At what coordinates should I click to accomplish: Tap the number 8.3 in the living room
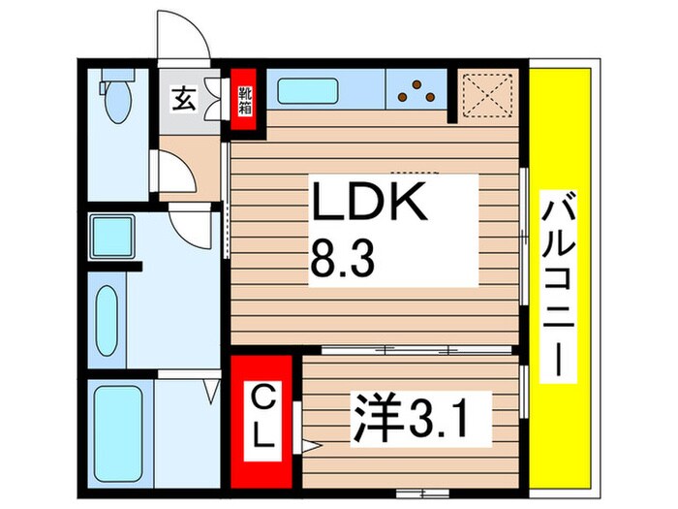point(340,258)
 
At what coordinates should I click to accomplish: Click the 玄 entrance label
point(182,98)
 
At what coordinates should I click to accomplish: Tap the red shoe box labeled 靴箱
point(244,95)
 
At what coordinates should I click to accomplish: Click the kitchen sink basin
point(305,92)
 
